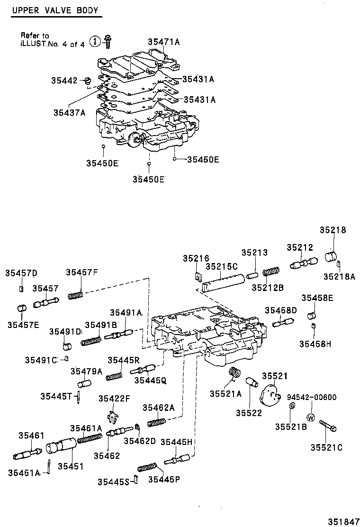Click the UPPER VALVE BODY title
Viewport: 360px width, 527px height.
click(x=55, y=10)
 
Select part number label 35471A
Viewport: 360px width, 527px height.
click(x=164, y=42)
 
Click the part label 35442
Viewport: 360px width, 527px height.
click(x=64, y=81)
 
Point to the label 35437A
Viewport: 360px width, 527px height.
click(x=69, y=112)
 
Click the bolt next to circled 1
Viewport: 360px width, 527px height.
click(x=108, y=41)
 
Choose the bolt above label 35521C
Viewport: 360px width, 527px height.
click(x=328, y=426)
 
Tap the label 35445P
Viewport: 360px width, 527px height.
click(x=164, y=479)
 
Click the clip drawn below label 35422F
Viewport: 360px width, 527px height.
click(x=112, y=417)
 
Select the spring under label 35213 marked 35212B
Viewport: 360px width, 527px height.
click(x=270, y=273)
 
